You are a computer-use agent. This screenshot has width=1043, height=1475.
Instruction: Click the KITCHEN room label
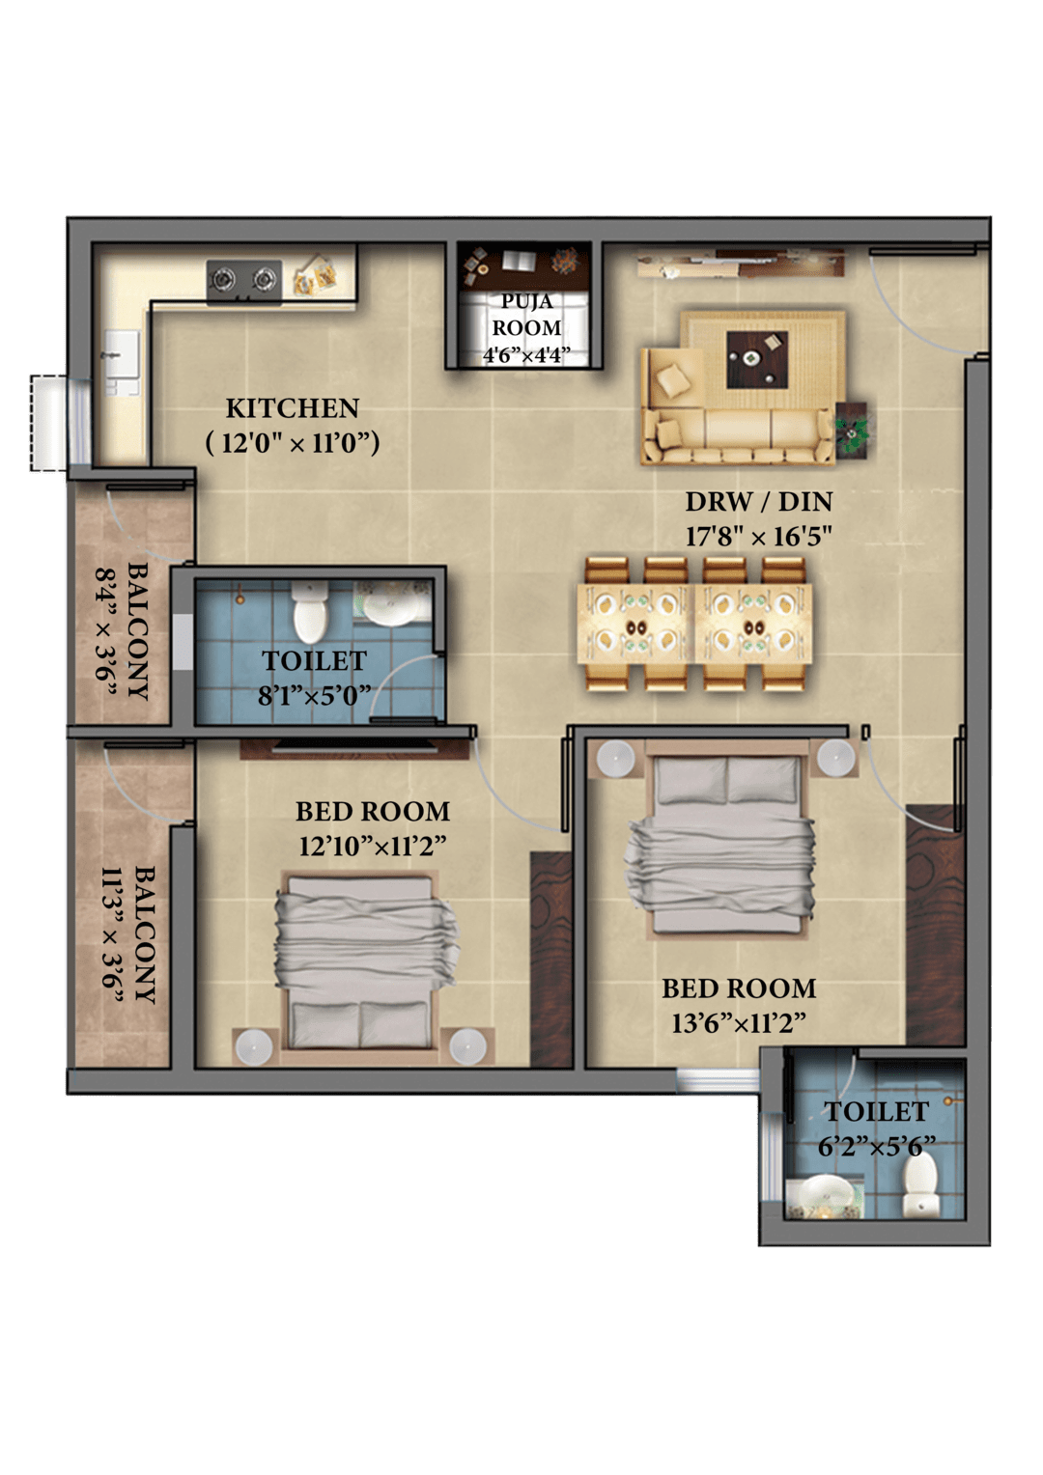(293, 408)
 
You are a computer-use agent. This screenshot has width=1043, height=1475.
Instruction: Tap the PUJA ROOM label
(526, 314)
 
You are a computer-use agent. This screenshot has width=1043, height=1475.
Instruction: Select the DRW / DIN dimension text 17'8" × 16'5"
(759, 537)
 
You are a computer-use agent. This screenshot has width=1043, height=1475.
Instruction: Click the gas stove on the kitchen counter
(244, 281)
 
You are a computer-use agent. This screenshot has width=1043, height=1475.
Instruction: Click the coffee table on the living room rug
(757, 359)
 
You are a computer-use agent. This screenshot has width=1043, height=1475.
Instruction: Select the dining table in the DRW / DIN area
(695, 623)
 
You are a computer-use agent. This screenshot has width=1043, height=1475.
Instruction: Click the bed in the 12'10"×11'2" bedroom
(361, 967)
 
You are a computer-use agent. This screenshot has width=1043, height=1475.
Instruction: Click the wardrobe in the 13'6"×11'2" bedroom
(935, 924)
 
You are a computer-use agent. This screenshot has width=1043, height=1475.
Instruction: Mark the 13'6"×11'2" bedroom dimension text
(739, 1023)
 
